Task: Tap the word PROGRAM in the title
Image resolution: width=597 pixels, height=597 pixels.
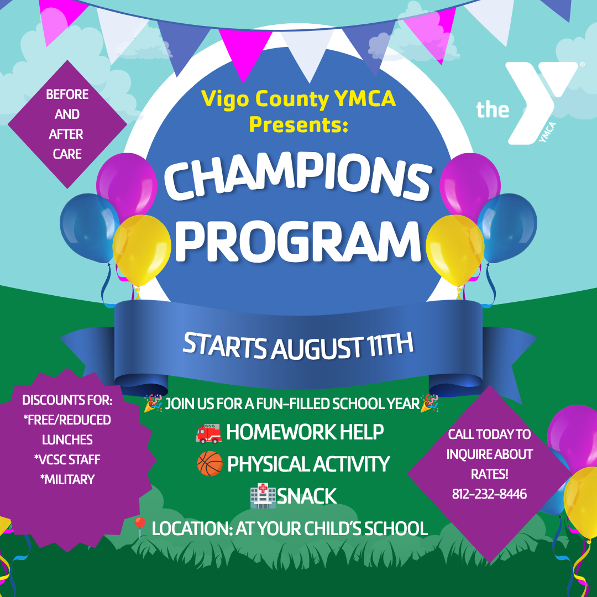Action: (298, 242)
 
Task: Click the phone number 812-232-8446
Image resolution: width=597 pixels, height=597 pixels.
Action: (489, 494)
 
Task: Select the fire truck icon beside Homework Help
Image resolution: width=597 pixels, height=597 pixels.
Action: (208, 433)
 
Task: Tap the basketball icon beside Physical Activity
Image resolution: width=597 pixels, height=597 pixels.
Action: (210, 464)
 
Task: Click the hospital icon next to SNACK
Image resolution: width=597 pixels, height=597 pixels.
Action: (263, 496)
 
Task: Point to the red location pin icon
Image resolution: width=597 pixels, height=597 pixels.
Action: (140, 527)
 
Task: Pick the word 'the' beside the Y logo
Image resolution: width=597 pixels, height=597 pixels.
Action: (493, 109)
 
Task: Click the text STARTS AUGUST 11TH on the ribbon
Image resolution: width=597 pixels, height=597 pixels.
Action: (298, 345)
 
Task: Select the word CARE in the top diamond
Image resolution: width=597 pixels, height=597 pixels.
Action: (67, 154)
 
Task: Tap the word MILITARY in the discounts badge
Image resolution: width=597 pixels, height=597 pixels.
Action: (67, 479)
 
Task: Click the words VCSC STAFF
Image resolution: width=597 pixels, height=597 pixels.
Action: (67, 459)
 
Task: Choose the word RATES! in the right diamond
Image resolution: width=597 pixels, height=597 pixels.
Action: (489, 474)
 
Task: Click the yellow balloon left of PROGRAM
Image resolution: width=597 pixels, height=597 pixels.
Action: (142, 250)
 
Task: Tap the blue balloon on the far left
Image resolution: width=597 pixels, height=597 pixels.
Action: (88, 228)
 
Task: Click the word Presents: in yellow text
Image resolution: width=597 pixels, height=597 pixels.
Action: (298, 124)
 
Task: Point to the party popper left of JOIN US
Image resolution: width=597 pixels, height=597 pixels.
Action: (153, 403)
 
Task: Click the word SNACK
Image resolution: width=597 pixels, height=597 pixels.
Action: (306, 496)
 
